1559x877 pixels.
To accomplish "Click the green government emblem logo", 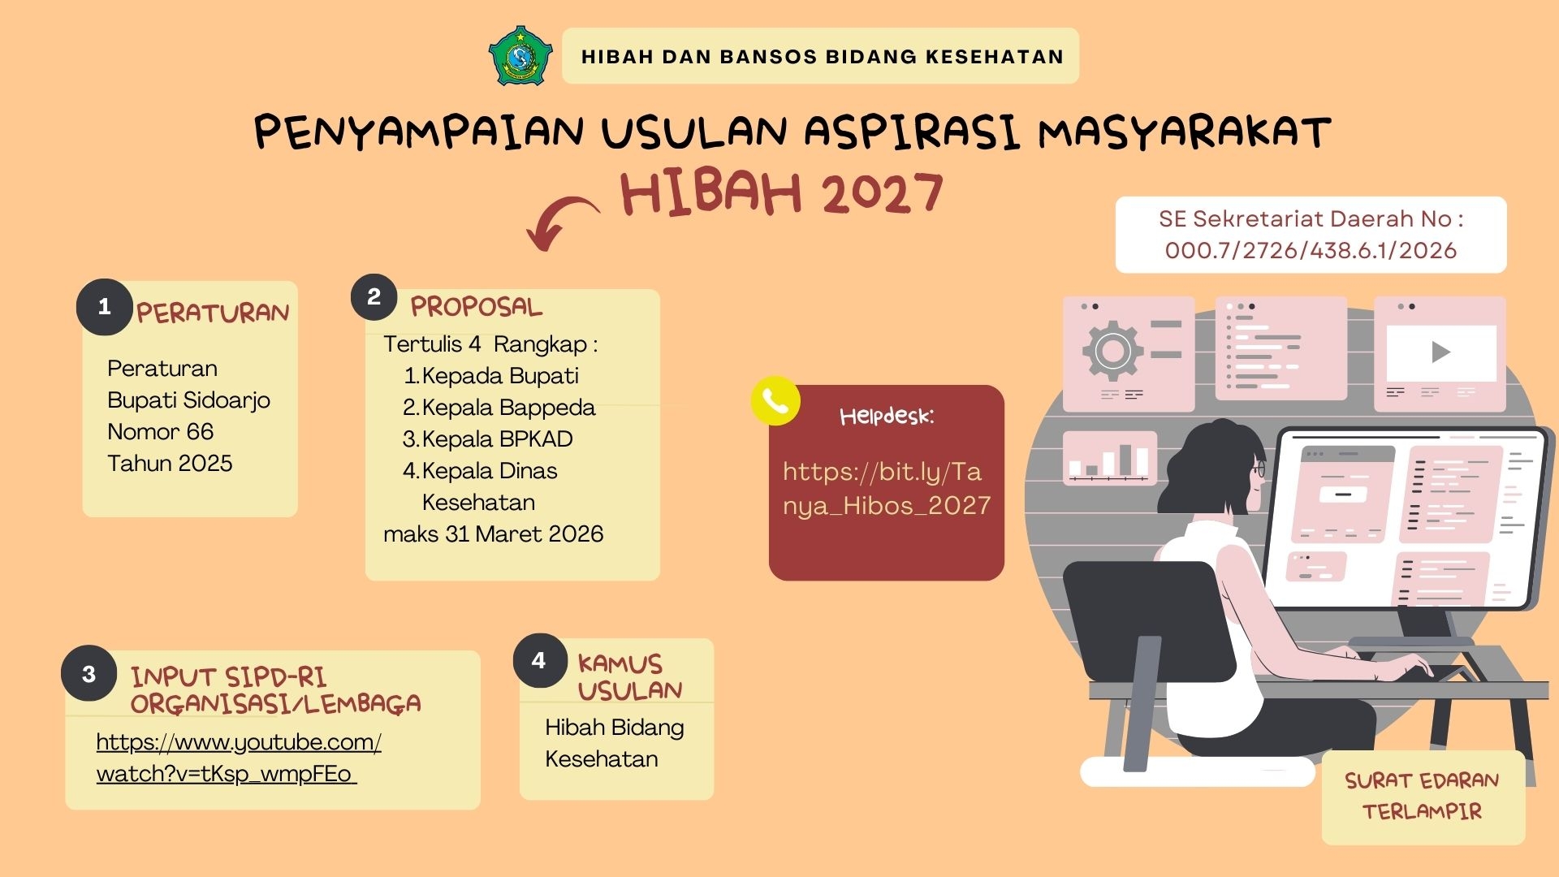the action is [520, 55].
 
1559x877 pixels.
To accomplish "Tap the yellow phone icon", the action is [775, 400].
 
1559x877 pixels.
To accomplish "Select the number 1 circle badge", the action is [104, 307].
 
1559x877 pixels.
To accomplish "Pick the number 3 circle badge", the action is [89, 673].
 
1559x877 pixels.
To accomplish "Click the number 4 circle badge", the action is [539, 660].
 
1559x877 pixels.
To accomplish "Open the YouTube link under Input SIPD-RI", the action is [239, 758].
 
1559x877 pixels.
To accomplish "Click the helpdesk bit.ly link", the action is [887, 488].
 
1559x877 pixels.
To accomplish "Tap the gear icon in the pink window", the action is [1112, 351].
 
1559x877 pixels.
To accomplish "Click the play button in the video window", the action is [1441, 352].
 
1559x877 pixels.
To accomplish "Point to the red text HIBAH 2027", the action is [781, 193].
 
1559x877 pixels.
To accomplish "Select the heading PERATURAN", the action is [213, 313].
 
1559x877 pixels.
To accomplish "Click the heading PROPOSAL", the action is [476, 306].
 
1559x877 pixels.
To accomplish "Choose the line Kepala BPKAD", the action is [488, 438].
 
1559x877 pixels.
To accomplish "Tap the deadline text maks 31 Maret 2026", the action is [494, 534].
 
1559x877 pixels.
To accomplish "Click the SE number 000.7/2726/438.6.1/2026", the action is [1311, 250].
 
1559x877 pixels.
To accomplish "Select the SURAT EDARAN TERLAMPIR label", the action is [1423, 796].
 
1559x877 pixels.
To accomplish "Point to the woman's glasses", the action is [1258, 469].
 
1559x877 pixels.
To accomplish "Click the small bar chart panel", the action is [1110, 458].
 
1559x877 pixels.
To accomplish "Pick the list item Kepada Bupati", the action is [491, 375].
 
